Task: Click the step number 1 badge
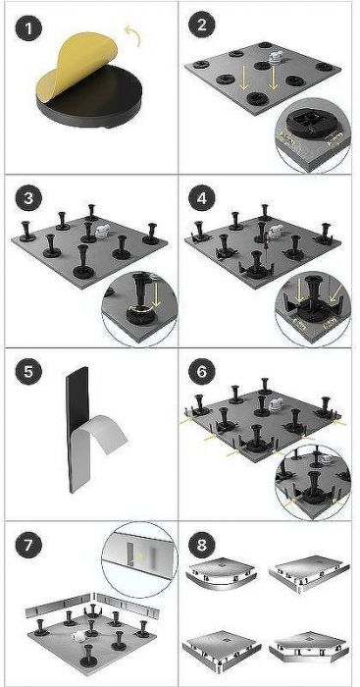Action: click(x=28, y=29)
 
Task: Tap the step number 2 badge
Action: click(x=201, y=26)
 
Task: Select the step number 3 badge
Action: click(x=28, y=199)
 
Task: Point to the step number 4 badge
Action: click(x=201, y=199)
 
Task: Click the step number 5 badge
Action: click(x=28, y=372)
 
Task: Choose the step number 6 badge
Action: click(x=201, y=372)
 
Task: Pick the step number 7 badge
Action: click(x=28, y=546)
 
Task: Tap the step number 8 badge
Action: click(x=201, y=546)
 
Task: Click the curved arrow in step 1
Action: click(x=133, y=34)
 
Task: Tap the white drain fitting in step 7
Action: click(x=77, y=634)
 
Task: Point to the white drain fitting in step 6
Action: click(x=275, y=404)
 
